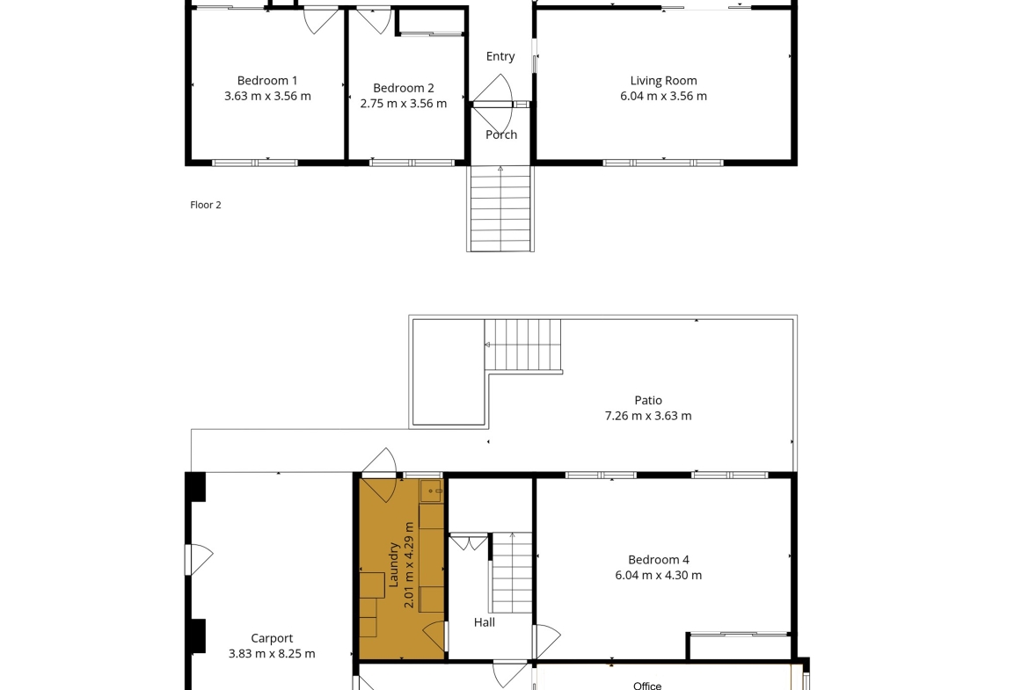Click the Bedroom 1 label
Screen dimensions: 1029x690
coord(267,81)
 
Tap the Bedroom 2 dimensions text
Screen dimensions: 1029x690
coord(404,104)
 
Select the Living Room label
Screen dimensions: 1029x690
coord(663,81)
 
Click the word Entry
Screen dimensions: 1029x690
coord(500,56)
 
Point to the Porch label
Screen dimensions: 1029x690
coord(501,134)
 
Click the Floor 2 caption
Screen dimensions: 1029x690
coord(206,205)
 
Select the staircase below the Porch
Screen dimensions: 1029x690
coord(500,208)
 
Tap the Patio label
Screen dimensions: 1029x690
coord(647,400)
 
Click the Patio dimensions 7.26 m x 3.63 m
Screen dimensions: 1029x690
coord(647,416)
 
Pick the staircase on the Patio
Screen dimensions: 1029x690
coord(523,345)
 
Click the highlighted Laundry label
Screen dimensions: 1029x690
coord(394,564)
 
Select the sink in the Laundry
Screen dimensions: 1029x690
coord(431,490)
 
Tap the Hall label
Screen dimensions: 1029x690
coord(485,622)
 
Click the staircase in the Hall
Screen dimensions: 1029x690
coord(511,572)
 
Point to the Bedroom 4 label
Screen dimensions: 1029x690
coord(658,560)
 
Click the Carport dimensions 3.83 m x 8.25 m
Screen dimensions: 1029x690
coord(272,654)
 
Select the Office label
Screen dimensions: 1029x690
coord(647,686)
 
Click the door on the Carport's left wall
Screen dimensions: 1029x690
coord(199,560)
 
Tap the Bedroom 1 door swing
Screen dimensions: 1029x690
coord(321,20)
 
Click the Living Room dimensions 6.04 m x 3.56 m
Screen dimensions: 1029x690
coord(663,97)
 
